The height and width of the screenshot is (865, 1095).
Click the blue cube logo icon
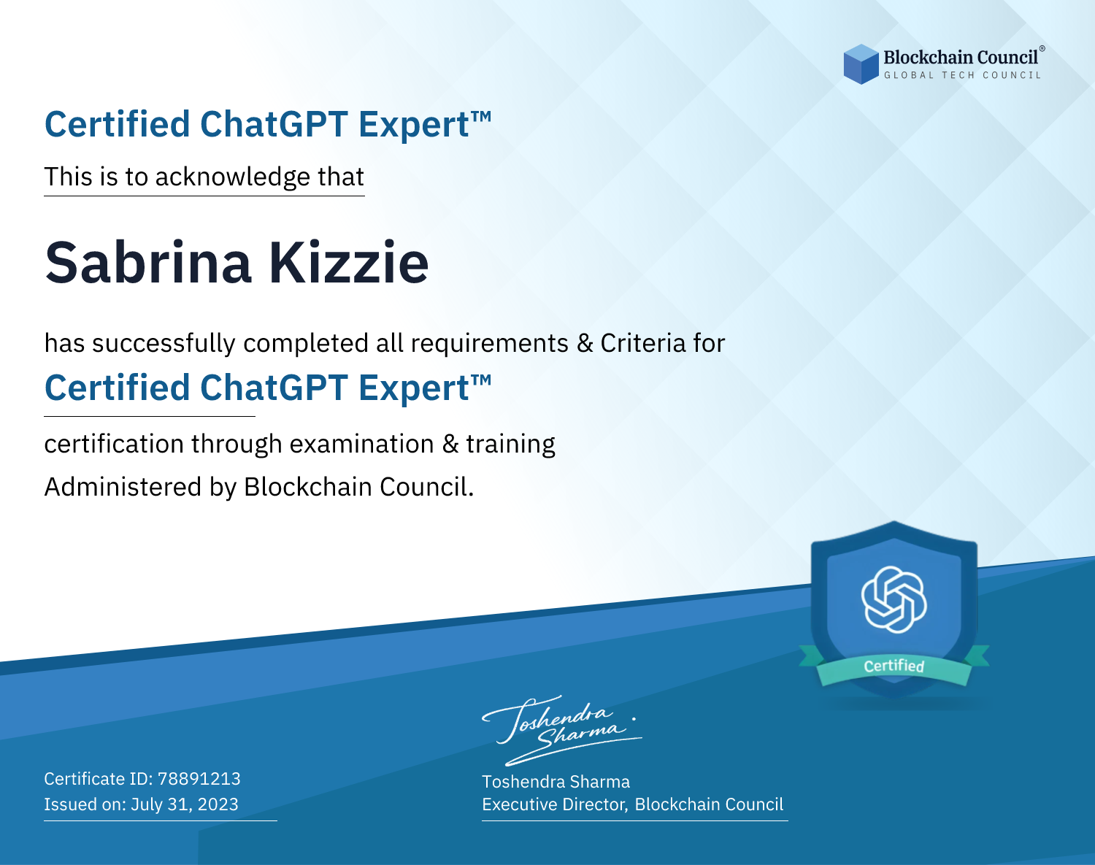coord(861,64)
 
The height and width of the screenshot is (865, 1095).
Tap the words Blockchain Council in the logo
coord(961,57)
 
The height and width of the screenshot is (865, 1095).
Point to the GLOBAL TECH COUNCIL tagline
coord(963,75)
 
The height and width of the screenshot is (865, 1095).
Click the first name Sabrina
coord(148,263)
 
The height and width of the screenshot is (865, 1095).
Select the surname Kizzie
coord(348,263)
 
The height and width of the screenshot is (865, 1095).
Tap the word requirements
coord(490,344)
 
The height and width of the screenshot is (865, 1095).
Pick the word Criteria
coord(643,343)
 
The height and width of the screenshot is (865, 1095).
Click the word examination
coord(362,444)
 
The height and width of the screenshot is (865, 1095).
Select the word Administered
coord(123,487)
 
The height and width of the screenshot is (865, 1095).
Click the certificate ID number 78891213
coord(199,778)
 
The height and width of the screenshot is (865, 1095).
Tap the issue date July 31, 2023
coord(185,804)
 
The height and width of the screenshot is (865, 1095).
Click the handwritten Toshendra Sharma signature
coord(562,730)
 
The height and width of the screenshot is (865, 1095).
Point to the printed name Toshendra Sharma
coord(556,782)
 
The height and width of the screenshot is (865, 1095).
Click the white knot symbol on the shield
coord(894,599)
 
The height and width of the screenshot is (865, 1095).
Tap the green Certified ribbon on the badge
coord(894,666)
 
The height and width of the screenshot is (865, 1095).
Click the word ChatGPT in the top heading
coord(274,124)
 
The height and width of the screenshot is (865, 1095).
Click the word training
coord(511,445)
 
